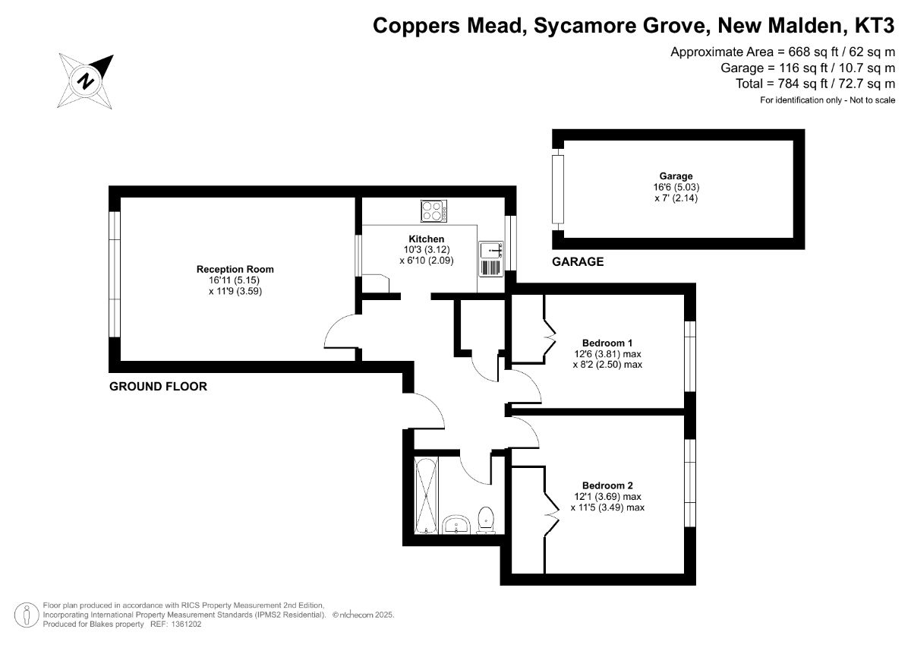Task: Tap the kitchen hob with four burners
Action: point(434,211)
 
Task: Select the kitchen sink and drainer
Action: point(491,259)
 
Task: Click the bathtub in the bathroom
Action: point(426,495)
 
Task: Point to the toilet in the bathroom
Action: point(486,520)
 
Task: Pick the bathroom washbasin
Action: point(456,524)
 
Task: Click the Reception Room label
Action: point(235,269)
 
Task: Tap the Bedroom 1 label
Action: point(607,343)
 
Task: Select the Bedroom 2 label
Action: point(607,485)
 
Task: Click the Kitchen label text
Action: point(426,239)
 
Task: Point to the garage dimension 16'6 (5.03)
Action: point(676,187)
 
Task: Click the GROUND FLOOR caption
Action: point(158,386)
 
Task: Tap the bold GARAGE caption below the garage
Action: point(578,261)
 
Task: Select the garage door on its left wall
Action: point(558,189)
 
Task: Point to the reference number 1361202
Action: point(185,624)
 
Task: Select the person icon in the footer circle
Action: point(27,615)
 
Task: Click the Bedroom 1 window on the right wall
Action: point(690,356)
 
